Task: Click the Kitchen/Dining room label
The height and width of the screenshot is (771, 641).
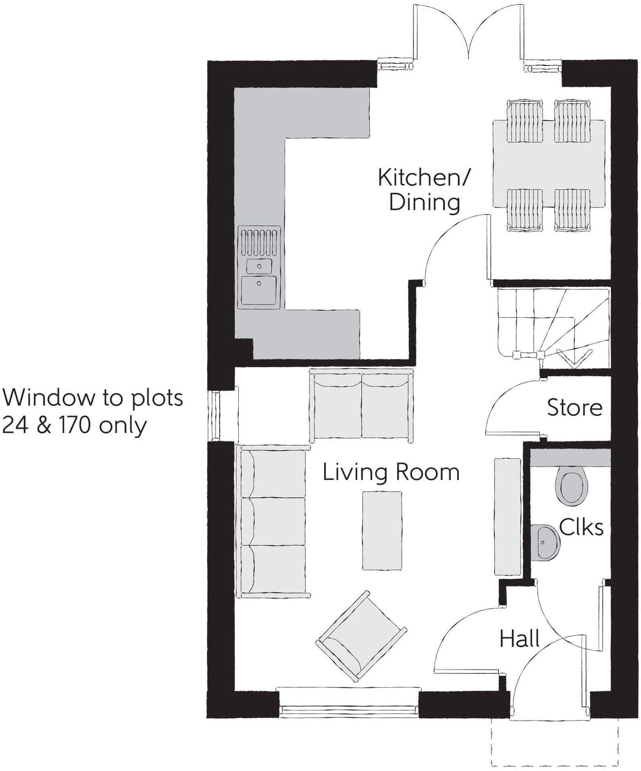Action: (x=424, y=190)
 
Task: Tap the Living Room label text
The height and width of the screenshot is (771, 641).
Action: (x=391, y=472)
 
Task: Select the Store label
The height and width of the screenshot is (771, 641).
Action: (x=574, y=408)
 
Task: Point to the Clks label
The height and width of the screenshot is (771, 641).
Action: (x=581, y=527)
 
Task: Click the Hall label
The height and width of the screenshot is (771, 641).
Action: (x=519, y=639)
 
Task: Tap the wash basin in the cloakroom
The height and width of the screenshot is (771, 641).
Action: (x=545, y=542)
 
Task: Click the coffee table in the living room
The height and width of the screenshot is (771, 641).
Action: (x=382, y=531)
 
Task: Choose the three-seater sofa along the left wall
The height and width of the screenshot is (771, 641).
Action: (x=273, y=521)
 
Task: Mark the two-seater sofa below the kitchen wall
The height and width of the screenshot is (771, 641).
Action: (x=361, y=405)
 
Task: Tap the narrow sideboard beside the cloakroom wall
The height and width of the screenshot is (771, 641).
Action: (x=507, y=516)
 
